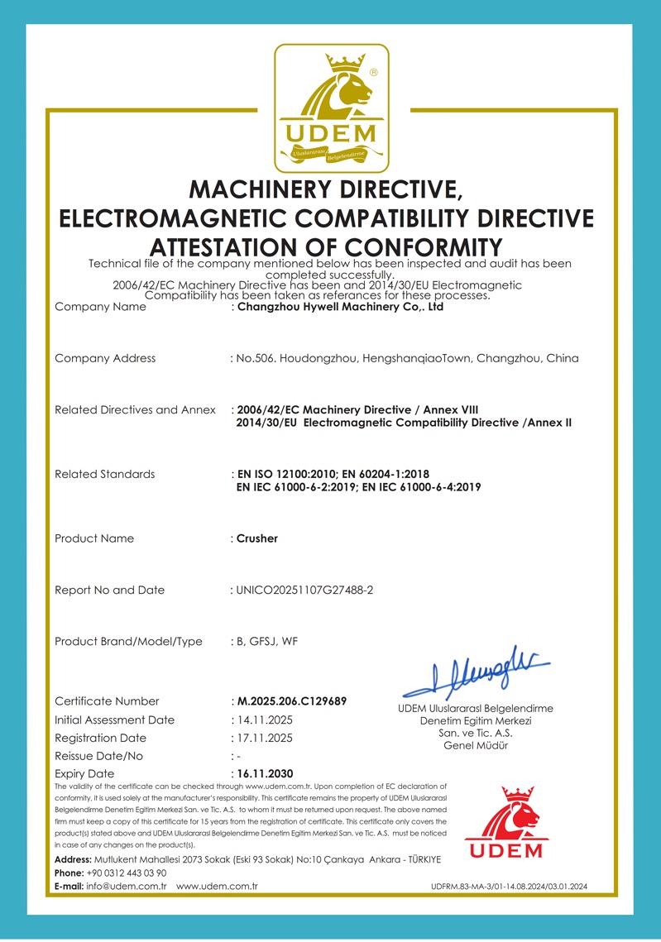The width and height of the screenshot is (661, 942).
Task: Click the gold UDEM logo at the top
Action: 331,108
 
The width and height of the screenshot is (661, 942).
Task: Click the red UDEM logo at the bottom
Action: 506,823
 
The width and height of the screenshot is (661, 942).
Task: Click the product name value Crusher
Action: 257,538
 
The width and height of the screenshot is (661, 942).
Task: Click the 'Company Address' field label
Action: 105,358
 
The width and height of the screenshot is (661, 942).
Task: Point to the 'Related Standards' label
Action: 104,474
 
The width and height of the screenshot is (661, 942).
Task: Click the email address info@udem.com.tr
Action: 127,886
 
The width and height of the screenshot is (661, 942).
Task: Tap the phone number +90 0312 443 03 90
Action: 127,873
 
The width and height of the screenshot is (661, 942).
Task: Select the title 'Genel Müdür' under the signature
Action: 476,745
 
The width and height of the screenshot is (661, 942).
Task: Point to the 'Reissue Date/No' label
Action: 98,756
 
